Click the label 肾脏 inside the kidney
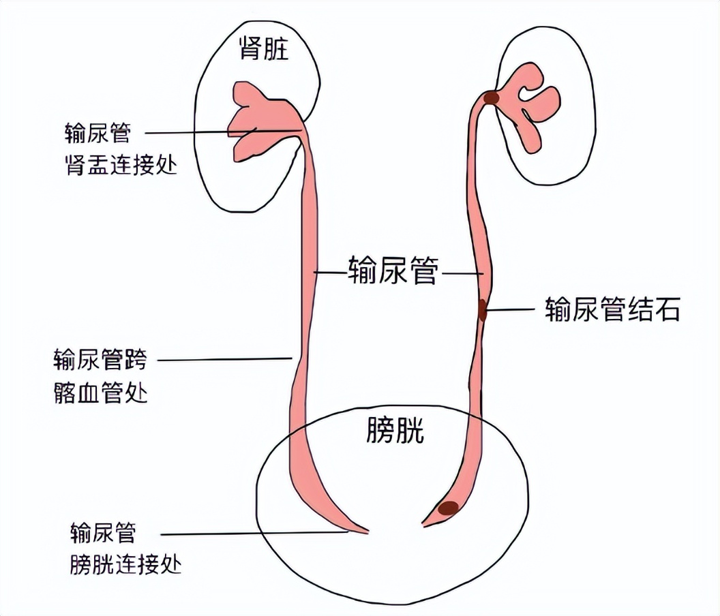pyautogui.click(x=263, y=50)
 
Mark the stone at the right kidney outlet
pyautogui.click(x=491, y=98)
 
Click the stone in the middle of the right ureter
pyautogui.click(x=483, y=310)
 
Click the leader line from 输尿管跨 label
pyautogui.click(x=225, y=358)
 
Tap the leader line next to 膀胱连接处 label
pyautogui.click(x=252, y=534)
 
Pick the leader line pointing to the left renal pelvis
pyautogui.click(x=218, y=132)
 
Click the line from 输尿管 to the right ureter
pyautogui.click(x=462, y=274)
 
